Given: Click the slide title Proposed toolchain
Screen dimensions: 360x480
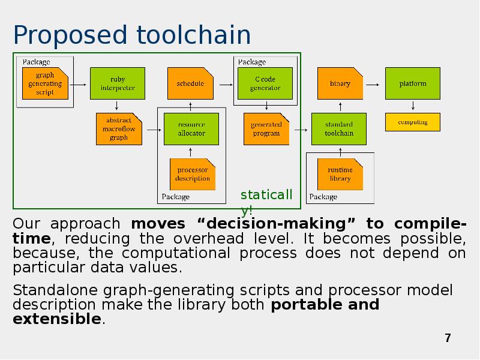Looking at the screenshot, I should pos(131,35).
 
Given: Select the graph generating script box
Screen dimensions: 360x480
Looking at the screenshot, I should pos(45,84).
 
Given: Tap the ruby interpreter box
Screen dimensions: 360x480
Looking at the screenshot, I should pos(118,83).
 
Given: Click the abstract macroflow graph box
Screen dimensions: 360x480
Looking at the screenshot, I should pos(119,129).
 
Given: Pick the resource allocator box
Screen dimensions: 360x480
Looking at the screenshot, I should pos(191,129).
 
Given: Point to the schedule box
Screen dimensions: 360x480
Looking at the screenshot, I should pos(190,83).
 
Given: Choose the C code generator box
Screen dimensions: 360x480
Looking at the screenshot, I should pos(265,83).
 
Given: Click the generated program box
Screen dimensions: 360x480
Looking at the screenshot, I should pos(266,129).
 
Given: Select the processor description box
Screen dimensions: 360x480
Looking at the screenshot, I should pos(193,175).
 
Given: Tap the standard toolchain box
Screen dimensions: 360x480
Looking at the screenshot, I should pos(339,129).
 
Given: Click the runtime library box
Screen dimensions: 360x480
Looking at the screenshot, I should pos(340,175).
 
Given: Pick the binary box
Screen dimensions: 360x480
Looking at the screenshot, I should pos(340,83).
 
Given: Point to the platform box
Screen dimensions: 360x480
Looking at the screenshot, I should pos(412,83).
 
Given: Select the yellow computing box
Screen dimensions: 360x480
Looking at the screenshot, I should pos(412,122).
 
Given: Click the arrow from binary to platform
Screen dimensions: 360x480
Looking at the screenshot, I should pos(373,84).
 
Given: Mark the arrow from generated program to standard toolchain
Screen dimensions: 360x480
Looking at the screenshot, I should pos(300,129).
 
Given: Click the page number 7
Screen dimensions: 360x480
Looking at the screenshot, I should pos(447,338).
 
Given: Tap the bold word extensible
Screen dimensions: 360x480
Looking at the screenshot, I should pos(57,319).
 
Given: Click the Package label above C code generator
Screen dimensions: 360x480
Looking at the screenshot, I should pos(252,62).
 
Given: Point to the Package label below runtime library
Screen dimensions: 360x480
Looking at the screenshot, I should pos(323,197).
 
